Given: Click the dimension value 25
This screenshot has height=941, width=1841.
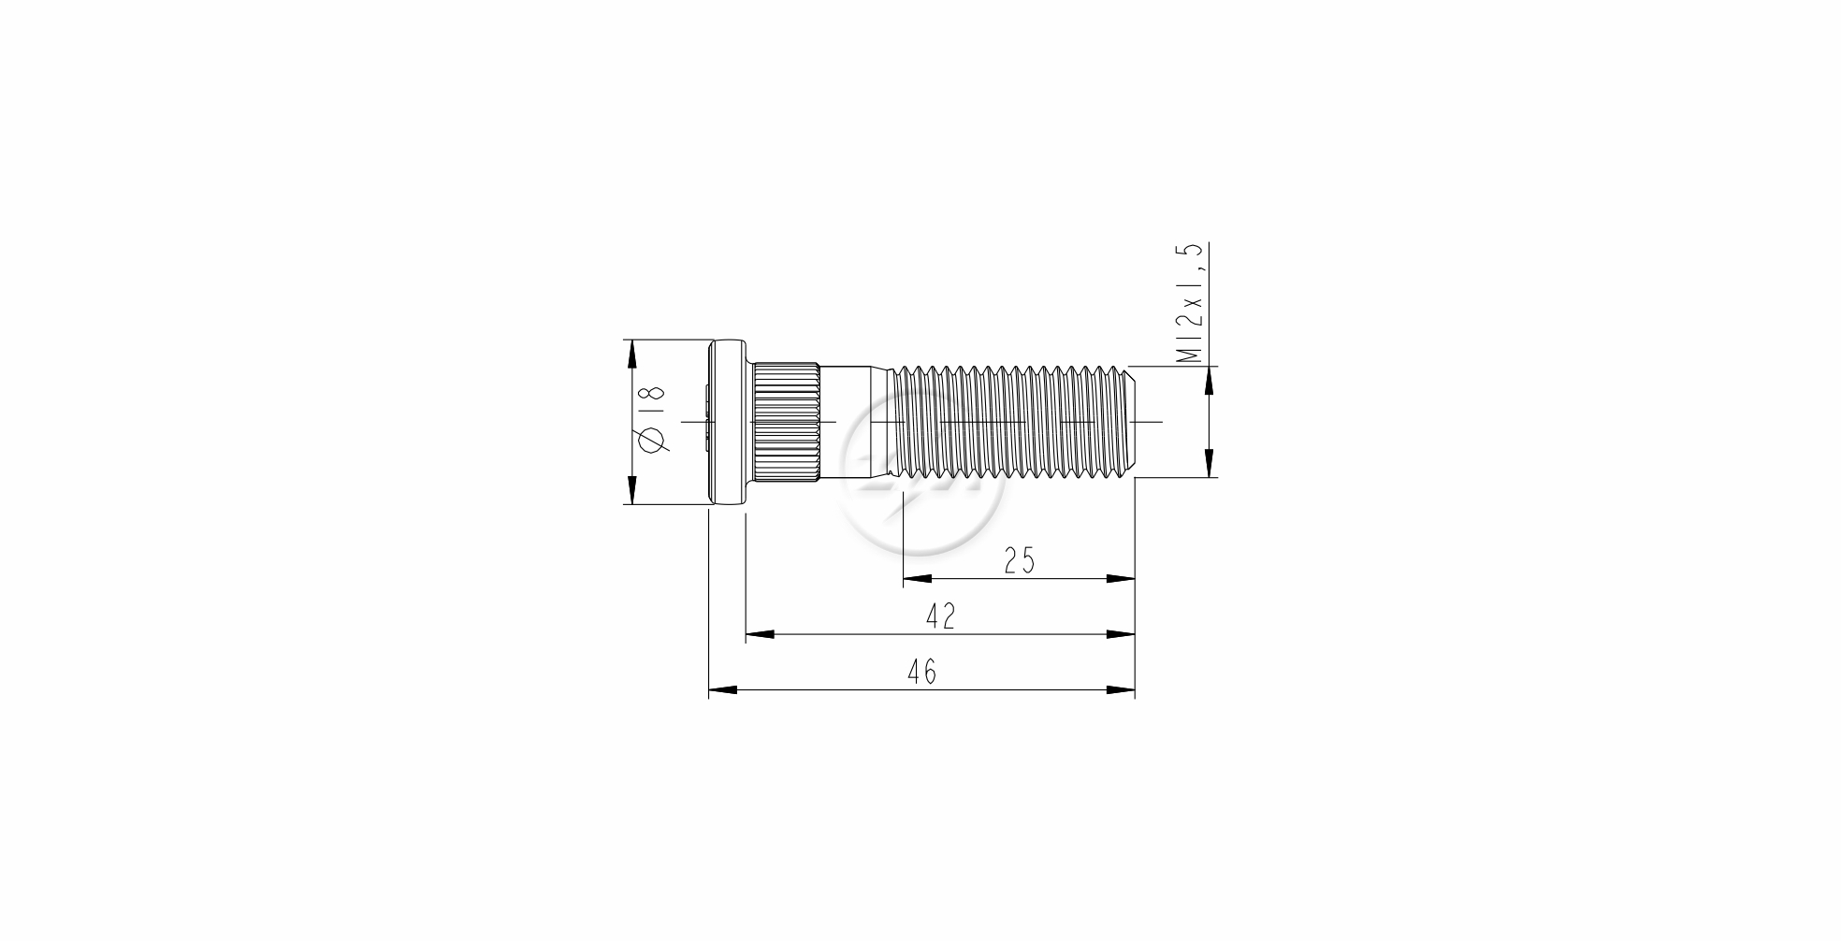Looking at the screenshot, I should pos(1020,560).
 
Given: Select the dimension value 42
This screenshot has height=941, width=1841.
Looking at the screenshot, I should pos(940,616).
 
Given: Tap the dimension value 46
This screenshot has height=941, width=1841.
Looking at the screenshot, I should pos(921,672).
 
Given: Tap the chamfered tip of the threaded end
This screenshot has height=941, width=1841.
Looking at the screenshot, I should pos(1130,421).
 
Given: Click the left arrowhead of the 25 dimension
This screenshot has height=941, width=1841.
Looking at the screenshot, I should pos(916,579).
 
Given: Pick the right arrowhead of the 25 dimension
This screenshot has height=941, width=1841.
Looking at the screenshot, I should pos(1122,579).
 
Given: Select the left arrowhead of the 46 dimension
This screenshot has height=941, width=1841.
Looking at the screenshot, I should pos(722,690).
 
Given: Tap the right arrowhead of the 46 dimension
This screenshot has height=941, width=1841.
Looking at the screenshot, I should pos(1122,690).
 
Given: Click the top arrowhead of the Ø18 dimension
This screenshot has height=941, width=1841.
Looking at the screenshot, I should pos(631,353).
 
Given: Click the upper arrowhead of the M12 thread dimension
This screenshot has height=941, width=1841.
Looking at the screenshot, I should pos(1209,379).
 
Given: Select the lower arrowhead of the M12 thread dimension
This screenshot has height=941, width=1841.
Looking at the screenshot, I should pos(1209,464).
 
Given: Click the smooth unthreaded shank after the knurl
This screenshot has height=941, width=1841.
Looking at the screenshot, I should pos(853,421).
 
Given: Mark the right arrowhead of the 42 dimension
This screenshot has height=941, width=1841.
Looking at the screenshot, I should pos(1122,634).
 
